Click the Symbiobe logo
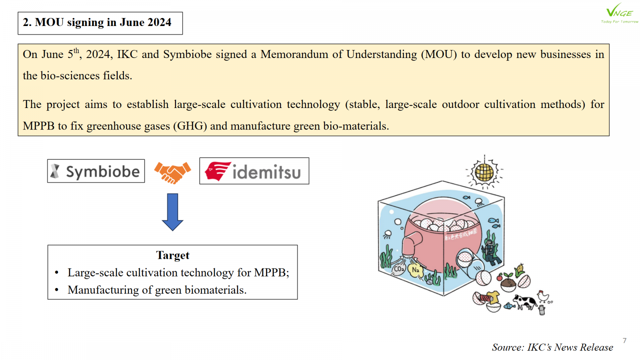pyautogui.click(x=96, y=171)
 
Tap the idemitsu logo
pyautogui.click(x=254, y=171)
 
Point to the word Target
pyautogui.click(x=172, y=255)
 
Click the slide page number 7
pyautogui.click(x=624, y=340)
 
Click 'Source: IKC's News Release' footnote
pyautogui.click(x=552, y=347)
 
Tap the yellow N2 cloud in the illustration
pyautogui.click(x=416, y=270)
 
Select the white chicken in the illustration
pyautogui.click(x=542, y=296)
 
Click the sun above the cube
pyautogui.click(x=484, y=172)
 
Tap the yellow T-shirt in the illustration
pyautogui.click(x=493, y=297)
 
